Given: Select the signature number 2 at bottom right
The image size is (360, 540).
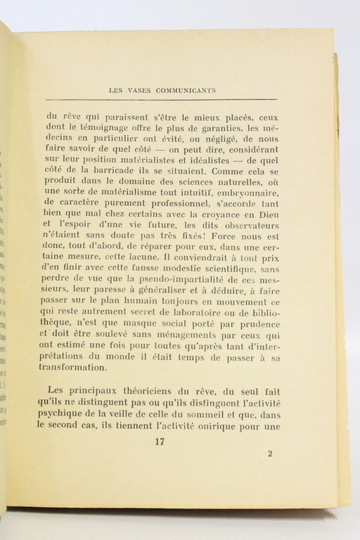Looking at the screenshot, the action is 270,454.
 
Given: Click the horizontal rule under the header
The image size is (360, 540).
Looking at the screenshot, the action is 161,100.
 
